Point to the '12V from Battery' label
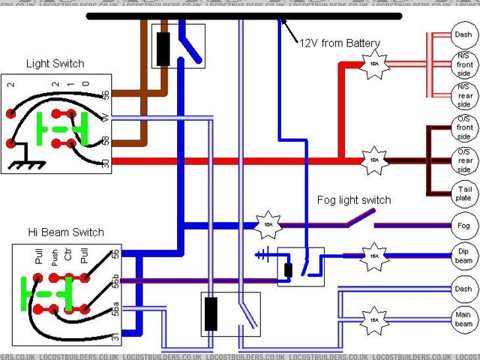tap(340, 43)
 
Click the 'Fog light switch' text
tap(355, 200)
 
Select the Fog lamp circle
tap(463, 225)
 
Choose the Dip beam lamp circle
tap(463, 256)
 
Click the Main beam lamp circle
tap(463, 319)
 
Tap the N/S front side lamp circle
tap(463, 64)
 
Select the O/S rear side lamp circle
tap(463, 160)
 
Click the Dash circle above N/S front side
tap(463, 34)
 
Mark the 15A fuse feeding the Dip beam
tap(373, 256)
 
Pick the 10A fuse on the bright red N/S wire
tap(373, 64)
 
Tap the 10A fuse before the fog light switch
tap(268, 224)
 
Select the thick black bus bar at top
tap(244, 16)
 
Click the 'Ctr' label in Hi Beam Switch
tap(68, 259)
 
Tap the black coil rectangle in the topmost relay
tap(163, 48)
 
